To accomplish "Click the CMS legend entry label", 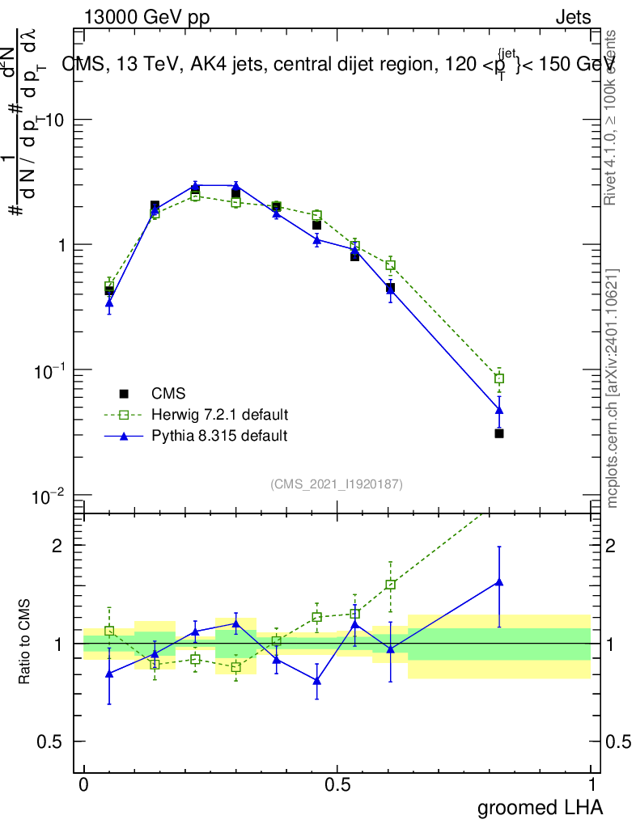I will point(168,394).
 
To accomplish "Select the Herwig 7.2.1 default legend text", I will point(219,415).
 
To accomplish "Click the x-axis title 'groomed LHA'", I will point(540,807).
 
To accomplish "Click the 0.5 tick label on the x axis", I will point(337,785).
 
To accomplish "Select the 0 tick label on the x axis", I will point(83,785).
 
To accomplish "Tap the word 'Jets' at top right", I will point(572,17).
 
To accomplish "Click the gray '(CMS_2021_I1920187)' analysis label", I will point(337,484).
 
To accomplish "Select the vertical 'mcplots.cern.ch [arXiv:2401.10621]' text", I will point(613,388).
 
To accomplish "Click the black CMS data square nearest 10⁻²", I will point(499,433).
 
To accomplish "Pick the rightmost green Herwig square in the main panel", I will point(499,378).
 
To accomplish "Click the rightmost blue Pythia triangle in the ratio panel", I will point(499,581).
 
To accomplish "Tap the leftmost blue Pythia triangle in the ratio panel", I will point(109,673).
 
